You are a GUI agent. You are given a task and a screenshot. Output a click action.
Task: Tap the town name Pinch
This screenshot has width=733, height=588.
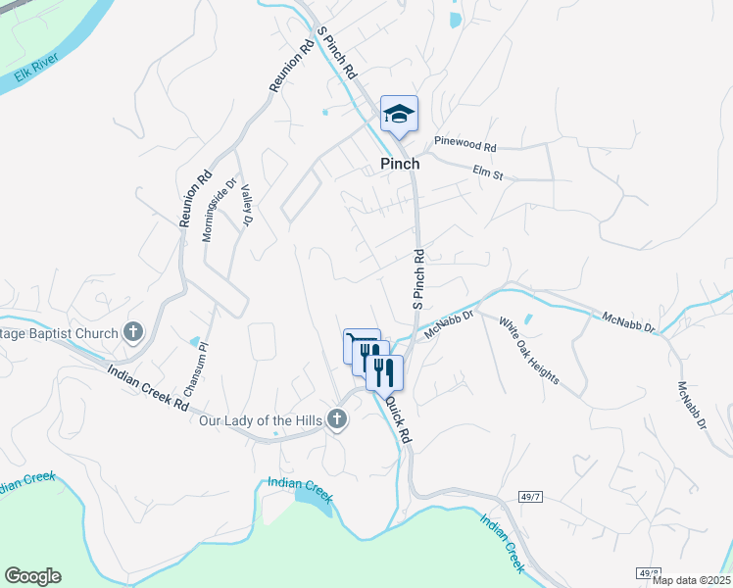pos(400,164)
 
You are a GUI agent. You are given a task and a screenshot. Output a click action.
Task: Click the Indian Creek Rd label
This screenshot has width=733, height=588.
pos(148,387)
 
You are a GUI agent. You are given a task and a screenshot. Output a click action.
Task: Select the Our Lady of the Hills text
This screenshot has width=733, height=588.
pos(260,420)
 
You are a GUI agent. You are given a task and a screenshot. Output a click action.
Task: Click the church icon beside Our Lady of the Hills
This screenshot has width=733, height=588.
pos(337,420)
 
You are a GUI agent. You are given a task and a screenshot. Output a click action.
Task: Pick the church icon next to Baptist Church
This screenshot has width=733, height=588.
pos(133,333)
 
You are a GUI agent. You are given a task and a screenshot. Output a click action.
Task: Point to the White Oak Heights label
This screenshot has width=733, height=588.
pos(528,350)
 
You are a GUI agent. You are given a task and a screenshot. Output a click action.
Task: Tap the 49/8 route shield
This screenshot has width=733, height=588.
pos(649,572)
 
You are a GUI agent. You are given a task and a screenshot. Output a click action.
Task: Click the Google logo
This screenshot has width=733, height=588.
pos(32,576)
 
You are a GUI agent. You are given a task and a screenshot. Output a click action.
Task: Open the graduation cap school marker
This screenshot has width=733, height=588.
pos(399,115)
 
